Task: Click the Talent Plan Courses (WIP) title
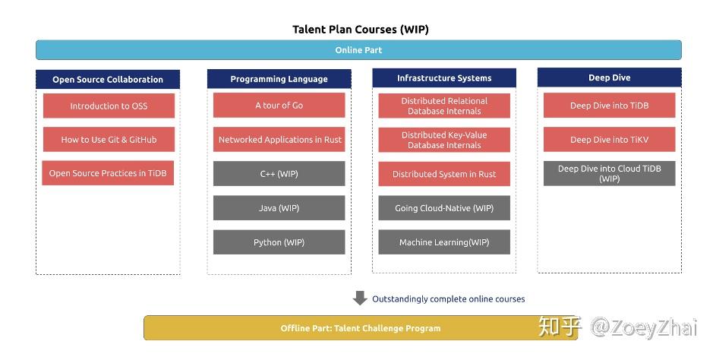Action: click(x=360, y=30)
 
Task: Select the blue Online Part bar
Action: click(x=358, y=50)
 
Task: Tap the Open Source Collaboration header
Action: click(x=108, y=79)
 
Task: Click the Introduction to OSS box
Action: click(x=109, y=106)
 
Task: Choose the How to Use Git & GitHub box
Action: click(x=109, y=140)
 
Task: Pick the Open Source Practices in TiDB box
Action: click(x=109, y=173)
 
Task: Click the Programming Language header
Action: click(x=279, y=78)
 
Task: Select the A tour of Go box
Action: click(x=279, y=106)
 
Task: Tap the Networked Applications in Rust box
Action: click(x=279, y=140)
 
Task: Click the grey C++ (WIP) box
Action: click(x=279, y=174)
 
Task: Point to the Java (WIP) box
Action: click(x=279, y=208)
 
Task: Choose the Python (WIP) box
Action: click(x=279, y=242)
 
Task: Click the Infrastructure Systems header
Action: click(x=444, y=77)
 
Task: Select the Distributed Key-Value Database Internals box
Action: click(x=444, y=140)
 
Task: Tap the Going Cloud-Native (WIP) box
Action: click(x=444, y=208)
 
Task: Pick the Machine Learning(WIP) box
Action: click(x=444, y=242)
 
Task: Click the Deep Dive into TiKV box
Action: click(x=610, y=140)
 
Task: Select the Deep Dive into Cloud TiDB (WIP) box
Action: click(x=610, y=173)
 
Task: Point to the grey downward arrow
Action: click(x=360, y=298)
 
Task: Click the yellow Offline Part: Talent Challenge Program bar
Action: click(x=360, y=328)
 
